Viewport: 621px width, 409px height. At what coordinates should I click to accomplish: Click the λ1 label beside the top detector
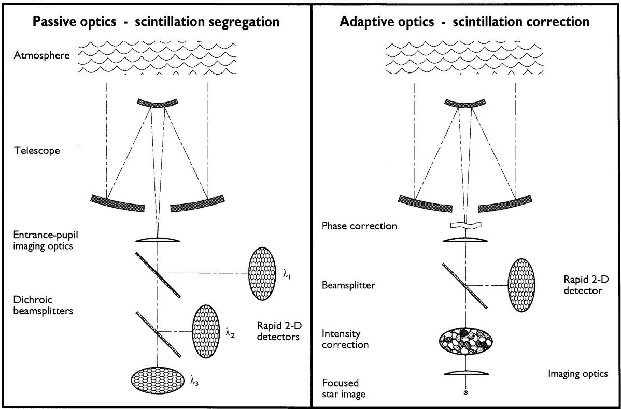[287, 271]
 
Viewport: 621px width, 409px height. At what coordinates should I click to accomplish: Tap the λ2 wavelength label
[230, 334]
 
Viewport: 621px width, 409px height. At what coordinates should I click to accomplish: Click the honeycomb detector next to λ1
[264, 273]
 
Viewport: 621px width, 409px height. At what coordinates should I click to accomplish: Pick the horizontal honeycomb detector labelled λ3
[158, 379]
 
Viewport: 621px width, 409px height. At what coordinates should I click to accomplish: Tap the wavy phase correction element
[466, 226]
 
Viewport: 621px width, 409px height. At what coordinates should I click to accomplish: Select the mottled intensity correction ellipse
[466, 340]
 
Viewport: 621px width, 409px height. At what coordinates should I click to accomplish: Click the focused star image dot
[465, 393]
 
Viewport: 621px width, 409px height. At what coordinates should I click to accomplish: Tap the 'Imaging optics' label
[578, 373]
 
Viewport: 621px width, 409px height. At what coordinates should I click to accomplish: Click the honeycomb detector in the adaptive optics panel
[522, 284]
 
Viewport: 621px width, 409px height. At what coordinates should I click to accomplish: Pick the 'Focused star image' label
[343, 389]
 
